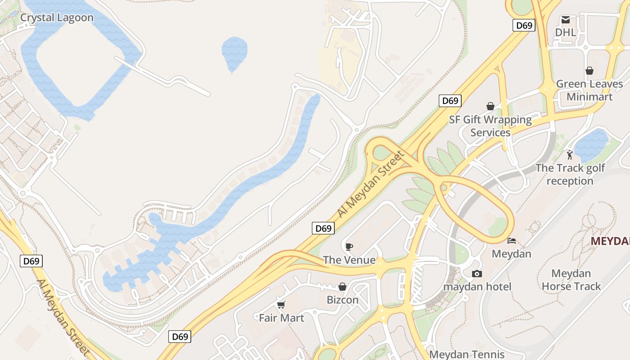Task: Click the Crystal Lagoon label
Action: pos(57,18)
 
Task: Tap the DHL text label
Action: pos(565,32)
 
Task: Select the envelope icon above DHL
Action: pos(565,20)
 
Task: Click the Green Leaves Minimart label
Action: pos(589,90)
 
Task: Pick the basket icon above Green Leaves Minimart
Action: pos(589,71)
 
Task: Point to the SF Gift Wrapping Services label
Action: pos(490,126)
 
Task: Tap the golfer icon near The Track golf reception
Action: pos(570,155)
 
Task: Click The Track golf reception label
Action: pos(570,175)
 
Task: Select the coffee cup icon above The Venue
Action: pos(349,247)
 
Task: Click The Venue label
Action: pos(349,260)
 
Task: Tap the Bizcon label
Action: pos(342,300)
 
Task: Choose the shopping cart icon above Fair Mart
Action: pos(281,305)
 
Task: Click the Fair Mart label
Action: pos(281,318)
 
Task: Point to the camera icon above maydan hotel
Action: pos(477,274)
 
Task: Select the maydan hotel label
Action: pos(477,287)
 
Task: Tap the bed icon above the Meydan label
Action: pos(511,241)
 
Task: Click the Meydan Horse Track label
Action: pos(571,280)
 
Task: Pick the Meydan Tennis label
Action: pos(467,355)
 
